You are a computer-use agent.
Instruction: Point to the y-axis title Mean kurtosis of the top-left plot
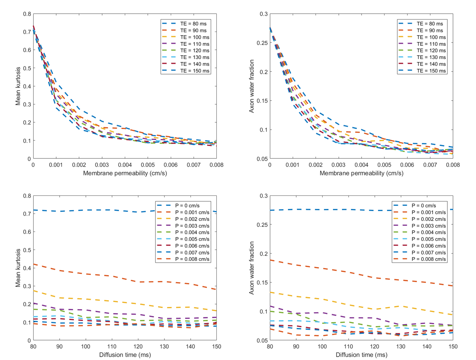(x=18, y=86)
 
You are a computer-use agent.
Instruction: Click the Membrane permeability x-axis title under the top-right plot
(x=361, y=173)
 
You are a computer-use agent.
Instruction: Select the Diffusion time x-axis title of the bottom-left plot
(x=125, y=355)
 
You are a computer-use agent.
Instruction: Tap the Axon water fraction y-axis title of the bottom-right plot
(x=252, y=268)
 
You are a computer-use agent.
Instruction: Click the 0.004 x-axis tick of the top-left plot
(x=125, y=165)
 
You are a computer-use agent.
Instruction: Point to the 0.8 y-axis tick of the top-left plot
(x=27, y=14)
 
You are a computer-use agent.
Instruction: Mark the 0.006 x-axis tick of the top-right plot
(x=407, y=165)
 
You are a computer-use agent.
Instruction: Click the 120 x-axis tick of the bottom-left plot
(x=138, y=347)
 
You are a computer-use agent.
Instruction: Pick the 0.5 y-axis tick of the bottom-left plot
(x=27, y=250)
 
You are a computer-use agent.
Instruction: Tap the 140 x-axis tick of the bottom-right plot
(x=427, y=347)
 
